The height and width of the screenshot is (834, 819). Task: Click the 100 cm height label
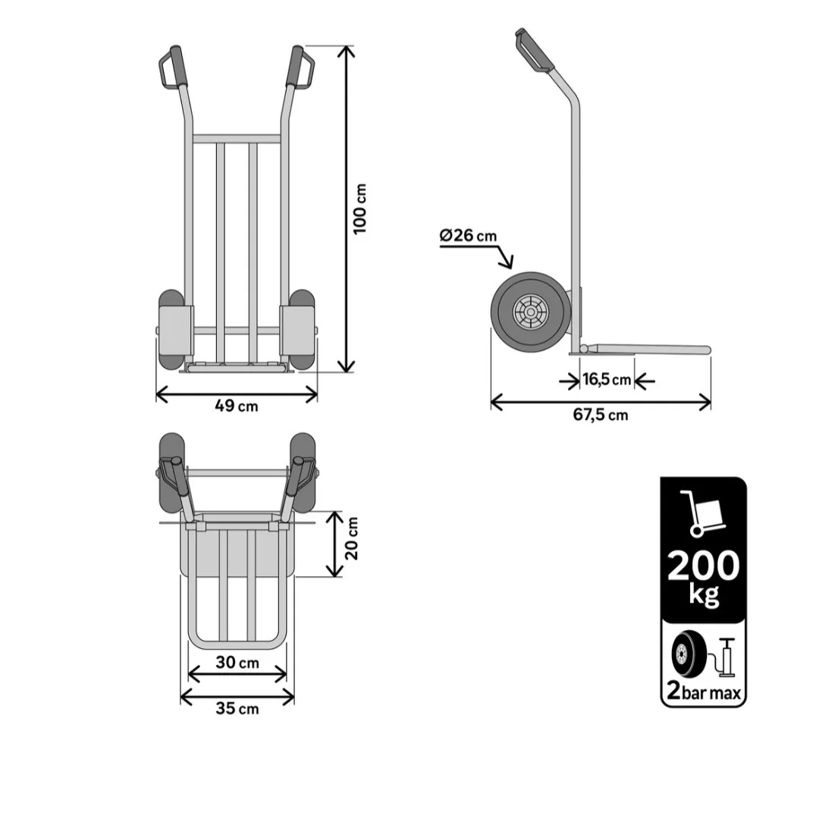[x=360, y=208]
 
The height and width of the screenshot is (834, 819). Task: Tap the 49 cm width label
[x=237, y=406]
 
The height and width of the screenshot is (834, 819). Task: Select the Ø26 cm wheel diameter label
[x=469, y=235]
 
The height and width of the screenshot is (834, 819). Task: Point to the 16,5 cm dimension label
[x=607, y=380]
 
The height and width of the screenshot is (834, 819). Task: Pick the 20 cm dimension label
[x=352, y=538]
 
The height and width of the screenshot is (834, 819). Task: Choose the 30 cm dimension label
[x=237, y=663]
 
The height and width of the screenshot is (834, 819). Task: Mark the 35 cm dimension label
[x=237, y=708]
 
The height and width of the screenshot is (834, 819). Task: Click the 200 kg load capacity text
[x=703, y=578]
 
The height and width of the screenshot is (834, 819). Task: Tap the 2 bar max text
[x=704, y=691]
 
